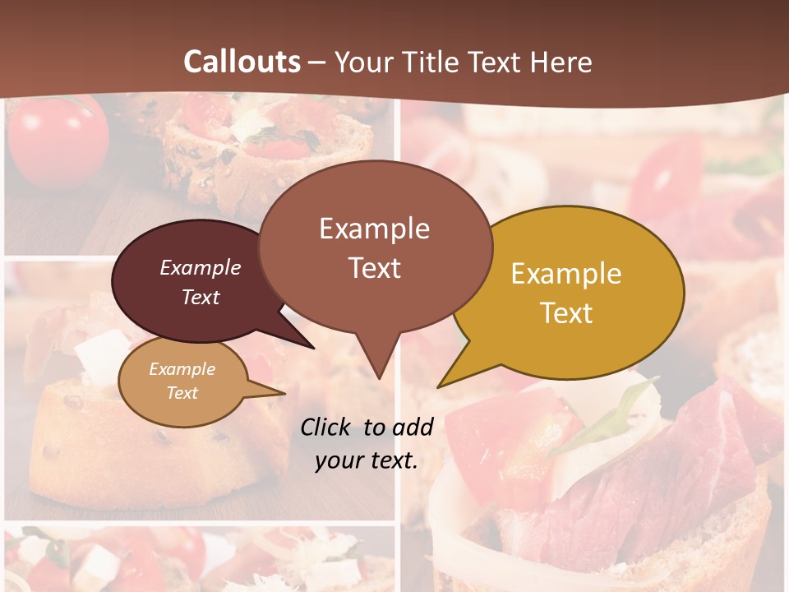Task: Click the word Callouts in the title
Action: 242,62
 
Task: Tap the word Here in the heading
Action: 561,62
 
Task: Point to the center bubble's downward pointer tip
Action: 379,378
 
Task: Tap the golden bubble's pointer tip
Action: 438,387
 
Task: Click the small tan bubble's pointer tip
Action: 284,393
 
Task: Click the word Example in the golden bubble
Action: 566,274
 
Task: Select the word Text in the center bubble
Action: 375,268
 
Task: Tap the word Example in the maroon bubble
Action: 201,267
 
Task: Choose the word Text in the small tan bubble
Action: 182,393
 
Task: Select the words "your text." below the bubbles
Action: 367,460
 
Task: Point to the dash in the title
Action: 318,62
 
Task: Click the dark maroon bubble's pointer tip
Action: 314,349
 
